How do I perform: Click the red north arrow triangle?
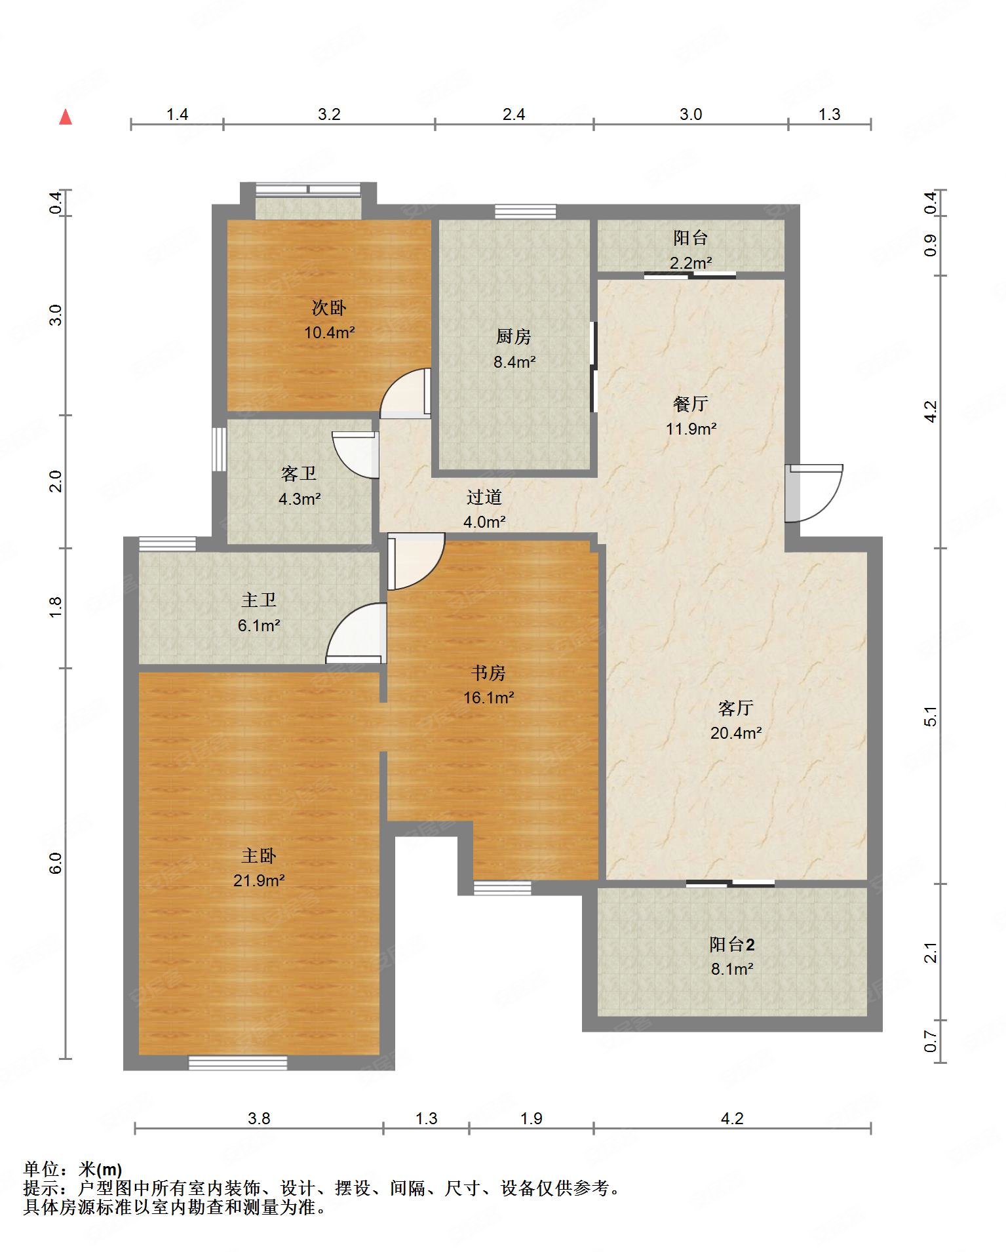[66, 117]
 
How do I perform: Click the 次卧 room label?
[329, 307]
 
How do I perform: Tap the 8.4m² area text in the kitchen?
[514, 361]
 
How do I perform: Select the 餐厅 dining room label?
[691, 404]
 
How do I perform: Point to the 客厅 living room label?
[735, 708]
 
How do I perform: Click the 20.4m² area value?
[736, 733]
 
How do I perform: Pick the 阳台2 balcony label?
[732, 944]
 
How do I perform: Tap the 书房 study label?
[488, 673]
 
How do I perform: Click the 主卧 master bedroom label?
[259, 855]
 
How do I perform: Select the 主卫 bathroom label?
[259, 600]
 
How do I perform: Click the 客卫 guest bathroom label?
[299, 473]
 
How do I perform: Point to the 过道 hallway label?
[484, 497]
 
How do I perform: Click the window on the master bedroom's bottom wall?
[238, 1063]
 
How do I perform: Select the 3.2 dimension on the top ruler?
[329, 115]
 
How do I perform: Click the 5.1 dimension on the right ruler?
[931, 716]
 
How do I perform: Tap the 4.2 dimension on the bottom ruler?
[732, 1118]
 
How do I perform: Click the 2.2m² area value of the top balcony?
[691, 263]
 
